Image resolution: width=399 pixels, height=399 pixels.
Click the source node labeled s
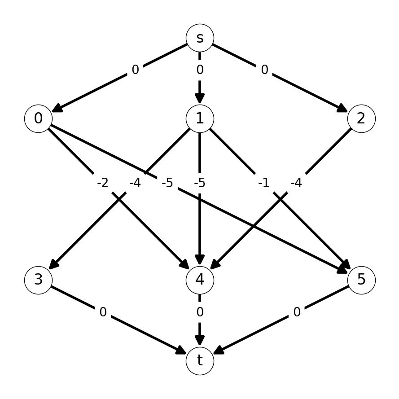pos(200,38)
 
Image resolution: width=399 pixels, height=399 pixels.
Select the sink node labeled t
pos(200,361)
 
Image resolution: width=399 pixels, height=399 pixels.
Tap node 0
pos(39,118)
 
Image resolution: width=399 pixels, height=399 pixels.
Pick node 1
pos(200,118)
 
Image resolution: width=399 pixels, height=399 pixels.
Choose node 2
pos(361,118)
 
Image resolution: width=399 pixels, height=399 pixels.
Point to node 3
pos(39,280)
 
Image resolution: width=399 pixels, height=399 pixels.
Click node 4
pos(200,280)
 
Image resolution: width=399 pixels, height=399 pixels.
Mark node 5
pos(361,280)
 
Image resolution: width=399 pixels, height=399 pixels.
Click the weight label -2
pos(103,183)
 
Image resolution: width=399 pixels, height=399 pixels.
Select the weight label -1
pos(264,183)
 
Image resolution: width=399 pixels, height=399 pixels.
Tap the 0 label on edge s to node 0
pos(136,70)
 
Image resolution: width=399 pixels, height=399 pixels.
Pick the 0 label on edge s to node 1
pos(200,70)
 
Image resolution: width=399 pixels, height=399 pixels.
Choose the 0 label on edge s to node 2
pos(265,70)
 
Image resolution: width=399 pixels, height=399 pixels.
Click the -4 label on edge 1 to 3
pos(135,183)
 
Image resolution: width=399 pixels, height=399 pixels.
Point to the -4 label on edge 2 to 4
pos(296,183)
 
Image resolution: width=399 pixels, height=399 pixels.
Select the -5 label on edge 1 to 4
pos(200,183)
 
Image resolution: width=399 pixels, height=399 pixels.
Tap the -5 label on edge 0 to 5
pos(167,183)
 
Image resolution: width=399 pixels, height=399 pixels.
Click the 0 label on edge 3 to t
pos(103,312)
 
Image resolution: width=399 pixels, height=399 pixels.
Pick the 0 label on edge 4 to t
pos(200,312)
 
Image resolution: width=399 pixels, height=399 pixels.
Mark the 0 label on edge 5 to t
pos(297,312)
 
